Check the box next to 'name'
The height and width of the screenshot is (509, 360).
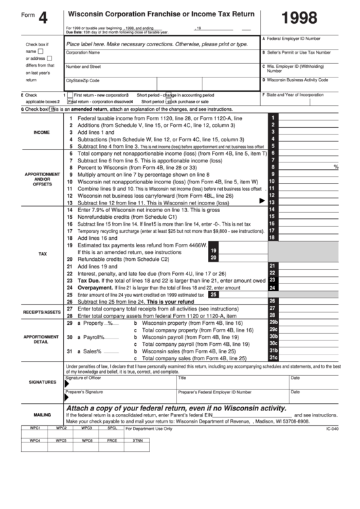tap(41, 50)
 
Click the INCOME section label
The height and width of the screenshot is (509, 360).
tap(41, 132)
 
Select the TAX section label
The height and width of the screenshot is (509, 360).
tap(42, 253)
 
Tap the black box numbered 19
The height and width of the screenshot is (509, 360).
tap(213, 250)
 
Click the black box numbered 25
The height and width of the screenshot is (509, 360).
tap(213, 294)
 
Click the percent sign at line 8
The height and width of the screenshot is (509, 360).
tap(336, 166)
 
